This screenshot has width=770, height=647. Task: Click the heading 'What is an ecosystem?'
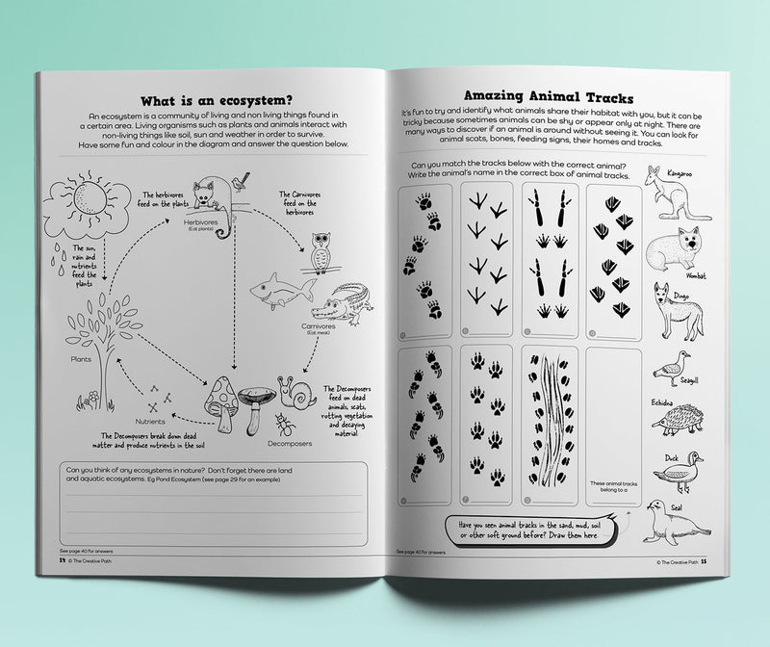(x=217, y=100)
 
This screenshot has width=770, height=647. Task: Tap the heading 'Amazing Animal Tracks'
(x=548, y=96)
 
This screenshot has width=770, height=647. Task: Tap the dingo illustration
(x=676, y=312)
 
